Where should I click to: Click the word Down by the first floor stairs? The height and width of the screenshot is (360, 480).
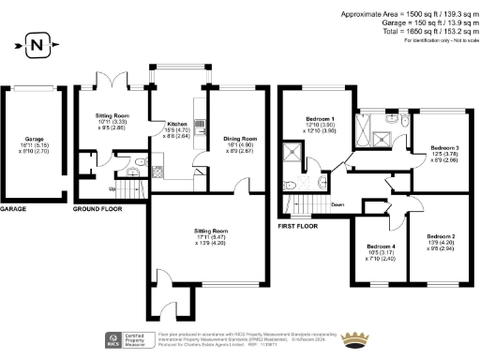(336, 203)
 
